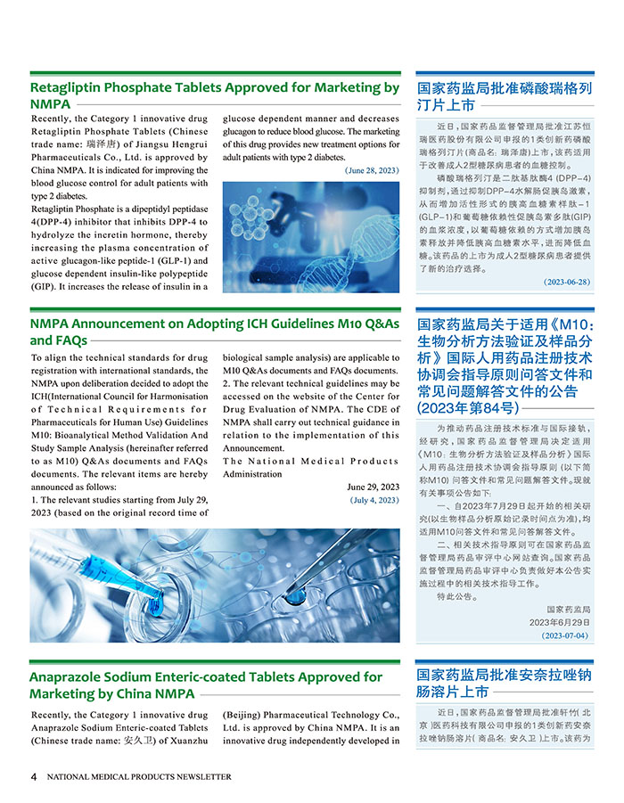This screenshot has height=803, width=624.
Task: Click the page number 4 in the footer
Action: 34,776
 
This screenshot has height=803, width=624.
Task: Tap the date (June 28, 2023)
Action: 371,169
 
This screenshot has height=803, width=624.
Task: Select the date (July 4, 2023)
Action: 374,501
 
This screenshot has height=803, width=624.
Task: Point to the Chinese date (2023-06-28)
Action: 566,282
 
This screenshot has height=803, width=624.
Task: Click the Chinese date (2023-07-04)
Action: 566,636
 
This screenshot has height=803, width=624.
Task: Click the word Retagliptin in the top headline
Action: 70,88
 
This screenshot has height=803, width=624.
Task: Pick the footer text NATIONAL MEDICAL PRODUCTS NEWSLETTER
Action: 139,777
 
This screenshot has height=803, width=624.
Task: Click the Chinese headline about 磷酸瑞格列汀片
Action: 505,97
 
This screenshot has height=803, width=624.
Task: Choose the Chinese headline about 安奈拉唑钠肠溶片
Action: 505,683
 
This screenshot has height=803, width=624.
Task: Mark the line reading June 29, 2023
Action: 373,487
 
